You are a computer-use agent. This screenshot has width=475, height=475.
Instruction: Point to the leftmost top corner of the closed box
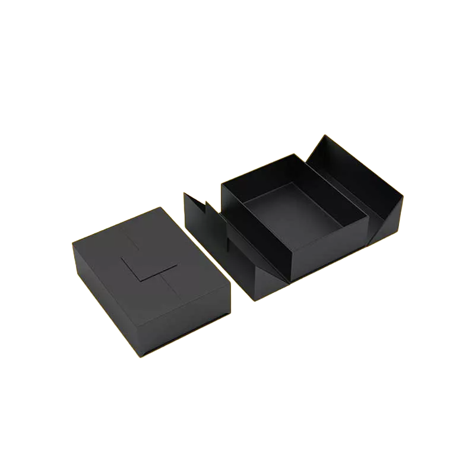(x=72, y=241)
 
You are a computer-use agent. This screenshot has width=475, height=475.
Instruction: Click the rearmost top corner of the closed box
(x=159, y=207)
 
